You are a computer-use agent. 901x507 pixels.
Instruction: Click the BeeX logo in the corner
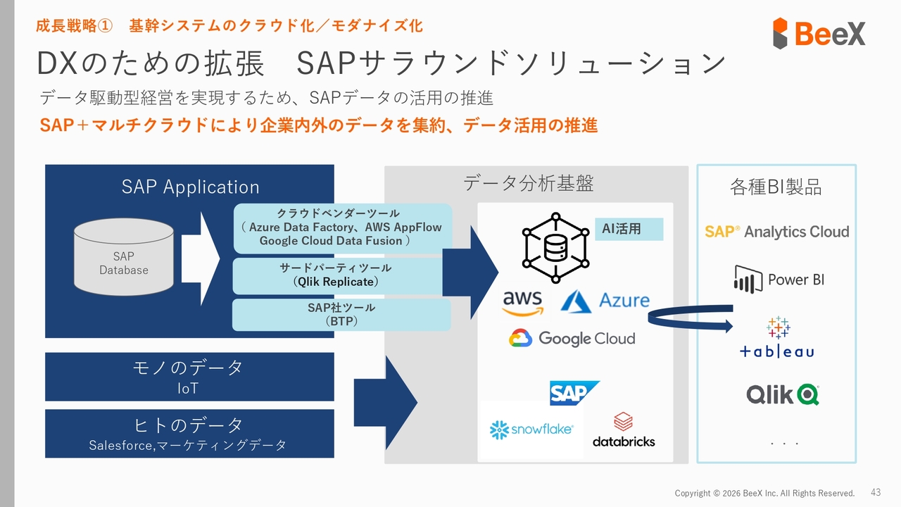coord(819,33)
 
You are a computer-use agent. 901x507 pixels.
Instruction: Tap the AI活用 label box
coord(622,229)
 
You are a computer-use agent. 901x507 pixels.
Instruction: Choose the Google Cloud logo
coord(572,339)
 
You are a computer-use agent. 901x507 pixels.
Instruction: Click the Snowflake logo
coord(531,428)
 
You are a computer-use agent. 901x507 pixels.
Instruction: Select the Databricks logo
coord(624,431)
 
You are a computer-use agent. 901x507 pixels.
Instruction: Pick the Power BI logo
coord(778,280)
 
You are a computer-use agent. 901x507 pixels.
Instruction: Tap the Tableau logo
coord(777,338)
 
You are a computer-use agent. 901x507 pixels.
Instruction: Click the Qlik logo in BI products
coord(783,394)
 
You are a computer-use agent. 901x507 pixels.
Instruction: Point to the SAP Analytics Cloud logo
coord(776,232)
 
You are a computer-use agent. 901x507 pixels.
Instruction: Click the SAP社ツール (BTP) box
coord(341,315)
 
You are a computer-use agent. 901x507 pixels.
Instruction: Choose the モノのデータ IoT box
coord(189,377)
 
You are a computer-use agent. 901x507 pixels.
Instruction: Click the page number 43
coord(876,492)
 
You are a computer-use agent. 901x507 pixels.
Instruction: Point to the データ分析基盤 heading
coord(528,184)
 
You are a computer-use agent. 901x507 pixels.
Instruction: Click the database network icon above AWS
coord(555,244)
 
